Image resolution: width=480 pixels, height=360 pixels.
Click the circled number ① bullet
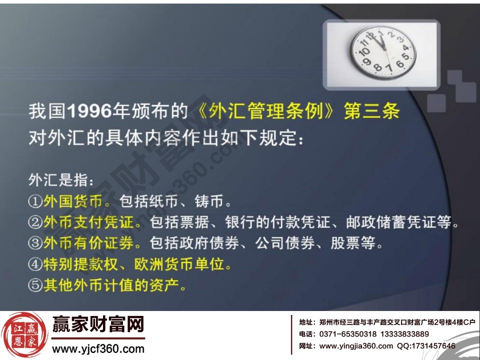[x=35, y=202]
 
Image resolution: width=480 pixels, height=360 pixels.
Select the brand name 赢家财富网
[x=98, y=325]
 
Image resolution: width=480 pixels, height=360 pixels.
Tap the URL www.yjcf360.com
[x=98, y=348]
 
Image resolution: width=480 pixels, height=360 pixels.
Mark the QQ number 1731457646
[x=433, y=345]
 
